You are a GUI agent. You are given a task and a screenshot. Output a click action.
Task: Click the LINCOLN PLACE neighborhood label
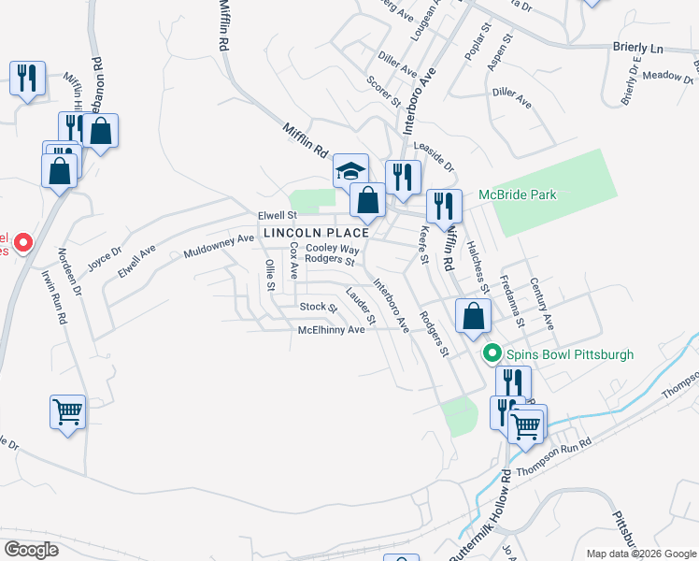[316, 232]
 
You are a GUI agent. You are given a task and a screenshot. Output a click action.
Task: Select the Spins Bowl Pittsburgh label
[570, 354]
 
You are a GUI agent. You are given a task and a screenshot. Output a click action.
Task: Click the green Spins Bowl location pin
[491, 354]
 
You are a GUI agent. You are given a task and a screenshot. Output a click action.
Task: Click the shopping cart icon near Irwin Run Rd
[68, 411]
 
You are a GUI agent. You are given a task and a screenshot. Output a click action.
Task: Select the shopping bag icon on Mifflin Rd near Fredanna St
[474, 316]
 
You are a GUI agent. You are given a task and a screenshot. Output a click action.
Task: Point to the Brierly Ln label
[637, 48]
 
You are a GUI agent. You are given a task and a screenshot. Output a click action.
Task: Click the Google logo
[31, 550]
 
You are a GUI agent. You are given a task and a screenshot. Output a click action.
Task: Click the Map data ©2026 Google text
[640, 554]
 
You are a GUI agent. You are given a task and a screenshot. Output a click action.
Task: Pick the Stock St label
[318, 307]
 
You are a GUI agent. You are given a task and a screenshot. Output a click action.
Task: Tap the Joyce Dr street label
[105, 258]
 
